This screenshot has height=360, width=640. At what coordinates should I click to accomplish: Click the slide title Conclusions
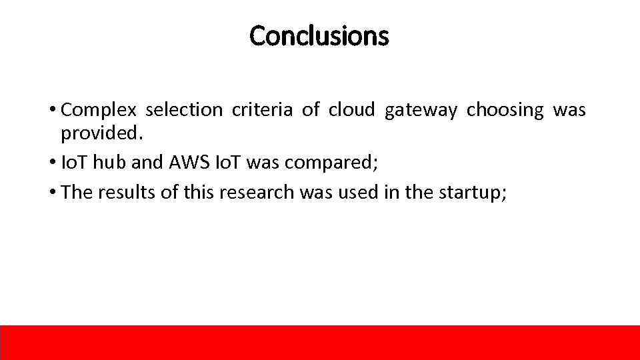click(319, 36)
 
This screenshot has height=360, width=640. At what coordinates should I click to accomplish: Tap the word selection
click(183, 110)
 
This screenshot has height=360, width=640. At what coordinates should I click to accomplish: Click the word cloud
click(351, 110)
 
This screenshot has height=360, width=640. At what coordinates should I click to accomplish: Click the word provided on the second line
click(101, 133)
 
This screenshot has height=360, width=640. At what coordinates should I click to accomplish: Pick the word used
click(359, 192)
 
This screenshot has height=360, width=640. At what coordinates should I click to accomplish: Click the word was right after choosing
click(569, 110)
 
